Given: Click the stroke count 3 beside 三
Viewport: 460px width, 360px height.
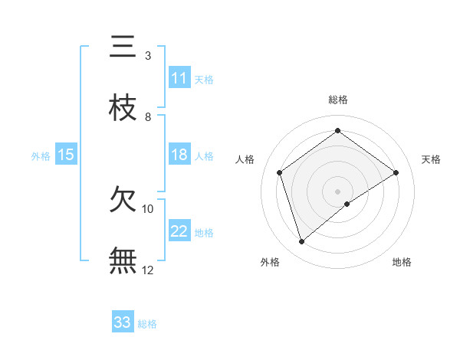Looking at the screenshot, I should coord(147,56).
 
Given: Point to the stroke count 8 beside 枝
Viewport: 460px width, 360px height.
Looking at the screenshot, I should coord(147,117).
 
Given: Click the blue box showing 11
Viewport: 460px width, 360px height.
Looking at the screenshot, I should coord(179,78).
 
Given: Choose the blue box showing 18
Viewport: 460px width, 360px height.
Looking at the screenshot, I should coord(179,155).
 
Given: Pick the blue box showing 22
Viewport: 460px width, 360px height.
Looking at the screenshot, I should coord(179,231).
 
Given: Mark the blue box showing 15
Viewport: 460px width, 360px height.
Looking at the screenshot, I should coord(66,155).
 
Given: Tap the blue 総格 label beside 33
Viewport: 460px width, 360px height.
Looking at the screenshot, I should coord(147,324).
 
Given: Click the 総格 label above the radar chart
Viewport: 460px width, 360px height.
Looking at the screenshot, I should coord(337,100).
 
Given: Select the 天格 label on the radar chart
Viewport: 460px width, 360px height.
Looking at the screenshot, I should coord(431,159).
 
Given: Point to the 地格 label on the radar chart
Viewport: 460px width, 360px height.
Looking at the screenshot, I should coord(402,262).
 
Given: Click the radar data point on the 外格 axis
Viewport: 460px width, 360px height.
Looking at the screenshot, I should coord(302,242).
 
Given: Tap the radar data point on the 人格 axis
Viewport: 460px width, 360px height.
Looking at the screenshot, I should coord(280,172).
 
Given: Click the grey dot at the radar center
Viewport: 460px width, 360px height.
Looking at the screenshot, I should coord(337,190).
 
